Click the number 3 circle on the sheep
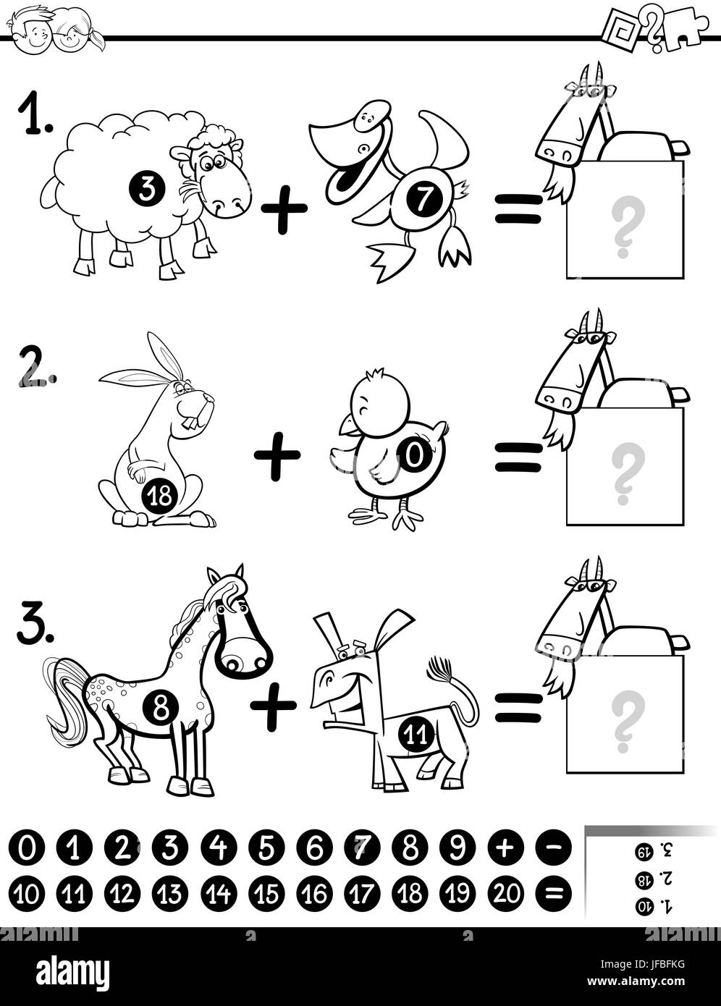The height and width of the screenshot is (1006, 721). tap(147, 190)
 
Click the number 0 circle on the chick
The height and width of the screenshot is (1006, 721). tap(413, 455)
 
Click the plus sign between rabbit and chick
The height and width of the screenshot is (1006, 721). tap(277, 455)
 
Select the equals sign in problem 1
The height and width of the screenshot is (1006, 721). tap(518, 208)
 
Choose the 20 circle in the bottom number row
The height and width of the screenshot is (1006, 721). tap(505, 894)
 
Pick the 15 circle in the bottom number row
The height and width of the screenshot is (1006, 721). tap(267, 894)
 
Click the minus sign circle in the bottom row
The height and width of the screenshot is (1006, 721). tap(553, 848)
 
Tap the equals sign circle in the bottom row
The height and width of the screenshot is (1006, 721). tap(553, 894)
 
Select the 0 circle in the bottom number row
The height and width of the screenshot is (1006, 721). tap(27, 848)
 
